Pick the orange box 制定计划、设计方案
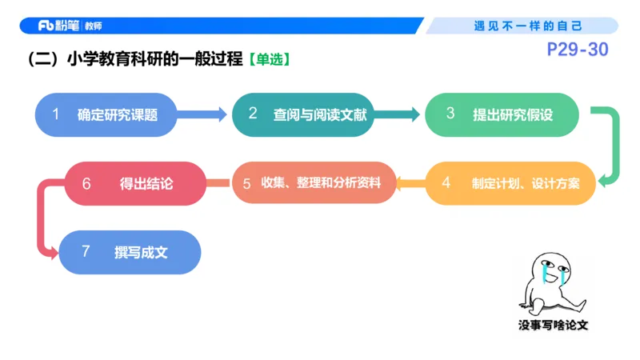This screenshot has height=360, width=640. [512, 183]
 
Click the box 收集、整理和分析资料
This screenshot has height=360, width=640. [314, 183]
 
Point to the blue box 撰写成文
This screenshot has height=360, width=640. [130, 252]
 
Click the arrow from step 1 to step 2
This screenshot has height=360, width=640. [205, 115]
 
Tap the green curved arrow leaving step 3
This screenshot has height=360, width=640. [613, 148]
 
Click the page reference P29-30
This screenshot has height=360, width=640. [578, 50]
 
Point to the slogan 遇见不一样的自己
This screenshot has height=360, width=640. [529, 26]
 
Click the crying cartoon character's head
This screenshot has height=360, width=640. [549, 268]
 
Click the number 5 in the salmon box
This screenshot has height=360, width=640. [247, 183]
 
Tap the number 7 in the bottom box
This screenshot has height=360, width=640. [86, 252]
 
